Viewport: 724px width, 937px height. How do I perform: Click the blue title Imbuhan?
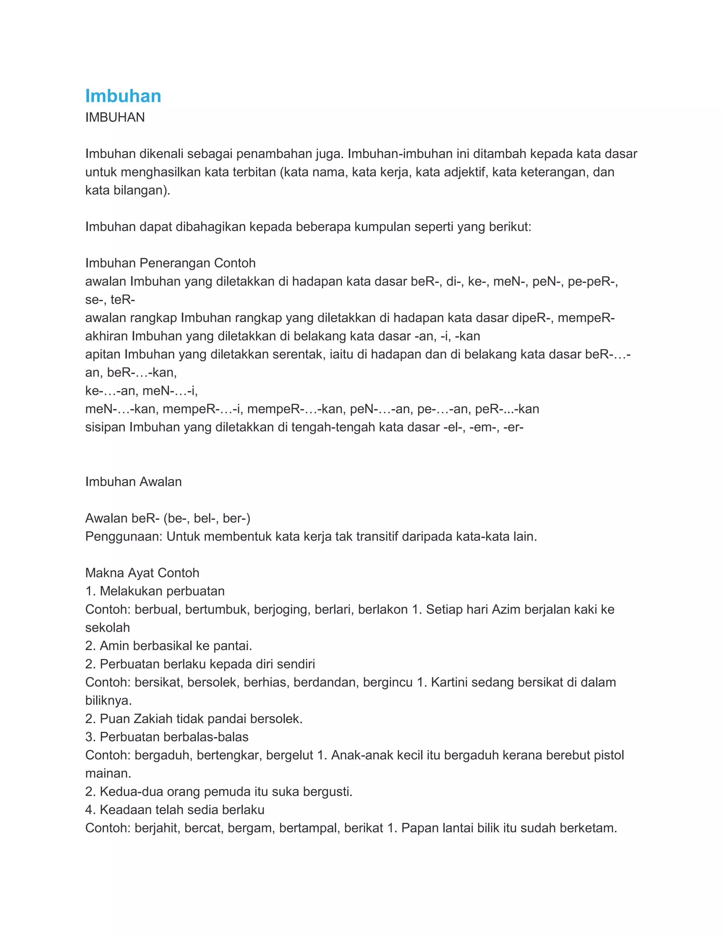(x=123, y=96)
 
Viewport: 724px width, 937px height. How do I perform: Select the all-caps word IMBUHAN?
(x=115, y=117)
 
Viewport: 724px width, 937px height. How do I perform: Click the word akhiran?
(x=106, y=336)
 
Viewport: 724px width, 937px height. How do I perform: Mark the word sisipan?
(x=105, y=427)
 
